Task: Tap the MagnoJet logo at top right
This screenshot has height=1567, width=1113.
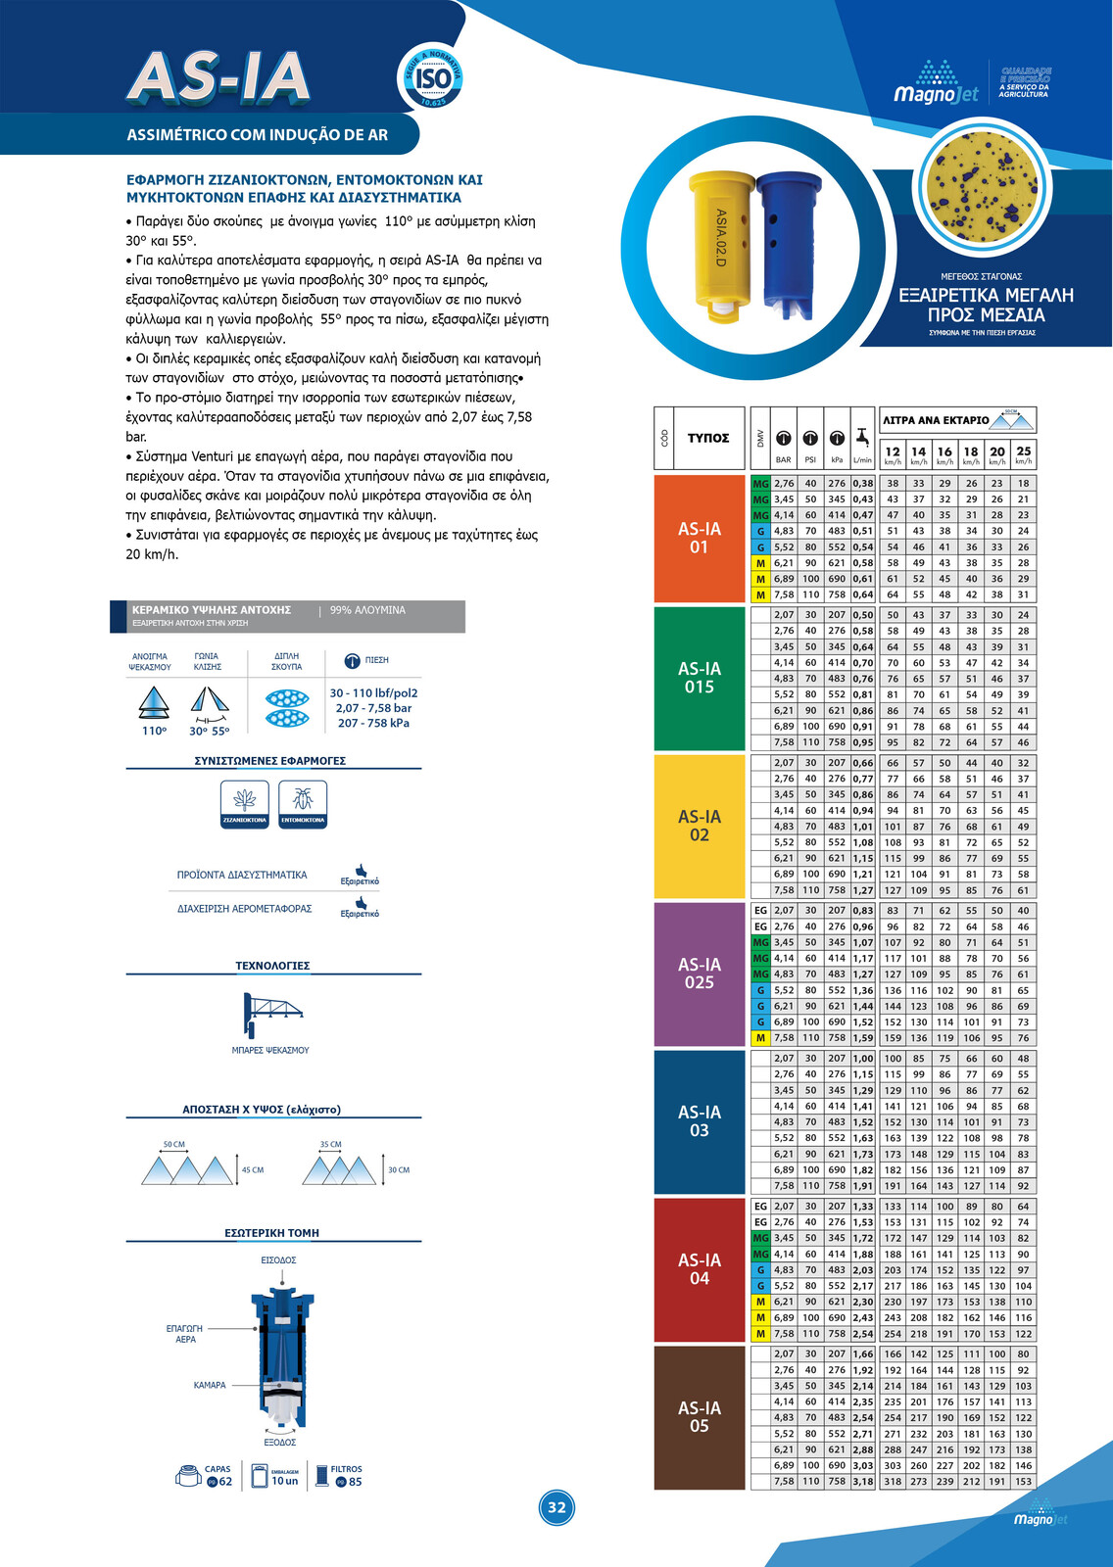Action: tap(936, 82)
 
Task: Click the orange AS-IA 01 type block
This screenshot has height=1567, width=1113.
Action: tap(700, 538)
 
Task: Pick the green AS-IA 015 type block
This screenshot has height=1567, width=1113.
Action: tap(700, 678)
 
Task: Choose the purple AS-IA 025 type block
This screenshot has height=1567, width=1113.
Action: tap(700, 973)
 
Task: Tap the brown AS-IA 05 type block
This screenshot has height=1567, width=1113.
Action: tap(700, 1417)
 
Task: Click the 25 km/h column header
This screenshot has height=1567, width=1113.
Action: tap(1023, 454)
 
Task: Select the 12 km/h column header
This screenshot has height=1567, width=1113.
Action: tap(893, 454)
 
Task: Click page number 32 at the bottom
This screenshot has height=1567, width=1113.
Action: tap(556, 1507)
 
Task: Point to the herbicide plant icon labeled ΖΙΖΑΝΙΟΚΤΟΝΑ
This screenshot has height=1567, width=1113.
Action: tap(245, 803)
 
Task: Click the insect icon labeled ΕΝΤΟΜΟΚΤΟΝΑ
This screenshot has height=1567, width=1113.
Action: tap(303, 803)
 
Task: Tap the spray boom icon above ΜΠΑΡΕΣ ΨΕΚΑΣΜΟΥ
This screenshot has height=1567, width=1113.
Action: tap(270, 1015)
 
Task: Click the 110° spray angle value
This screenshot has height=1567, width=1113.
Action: tap(155, 731)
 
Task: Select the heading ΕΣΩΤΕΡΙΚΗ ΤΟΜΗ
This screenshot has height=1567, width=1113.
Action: tap(272, 1233)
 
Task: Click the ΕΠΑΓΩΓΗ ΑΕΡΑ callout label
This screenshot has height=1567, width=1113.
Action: tap(185, 1334)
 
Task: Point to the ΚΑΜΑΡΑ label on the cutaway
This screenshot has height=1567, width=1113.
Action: tap(210, 1385)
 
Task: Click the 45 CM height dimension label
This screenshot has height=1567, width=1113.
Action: tap(253, 1169)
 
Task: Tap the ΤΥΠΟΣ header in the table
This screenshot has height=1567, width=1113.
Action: tap(708, 438)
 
